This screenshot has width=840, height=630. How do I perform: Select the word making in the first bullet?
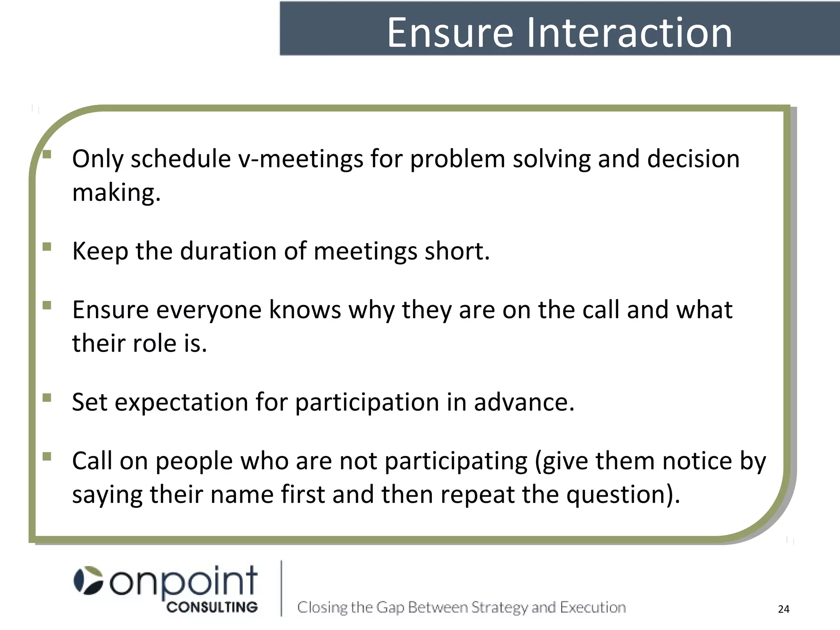coord(116,193)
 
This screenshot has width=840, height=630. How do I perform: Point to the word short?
coord(457,251)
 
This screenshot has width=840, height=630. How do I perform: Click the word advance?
coord(524,402)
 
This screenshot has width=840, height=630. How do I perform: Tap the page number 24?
coord(783,609)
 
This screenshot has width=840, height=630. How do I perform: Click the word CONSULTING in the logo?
coord(212,607)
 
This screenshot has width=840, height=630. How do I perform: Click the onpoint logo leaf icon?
coord(88,580)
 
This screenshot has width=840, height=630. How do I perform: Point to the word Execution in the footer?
coord(593,607)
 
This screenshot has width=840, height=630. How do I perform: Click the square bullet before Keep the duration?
coord(47,247)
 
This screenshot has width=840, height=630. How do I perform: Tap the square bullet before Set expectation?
coord(47,397)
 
